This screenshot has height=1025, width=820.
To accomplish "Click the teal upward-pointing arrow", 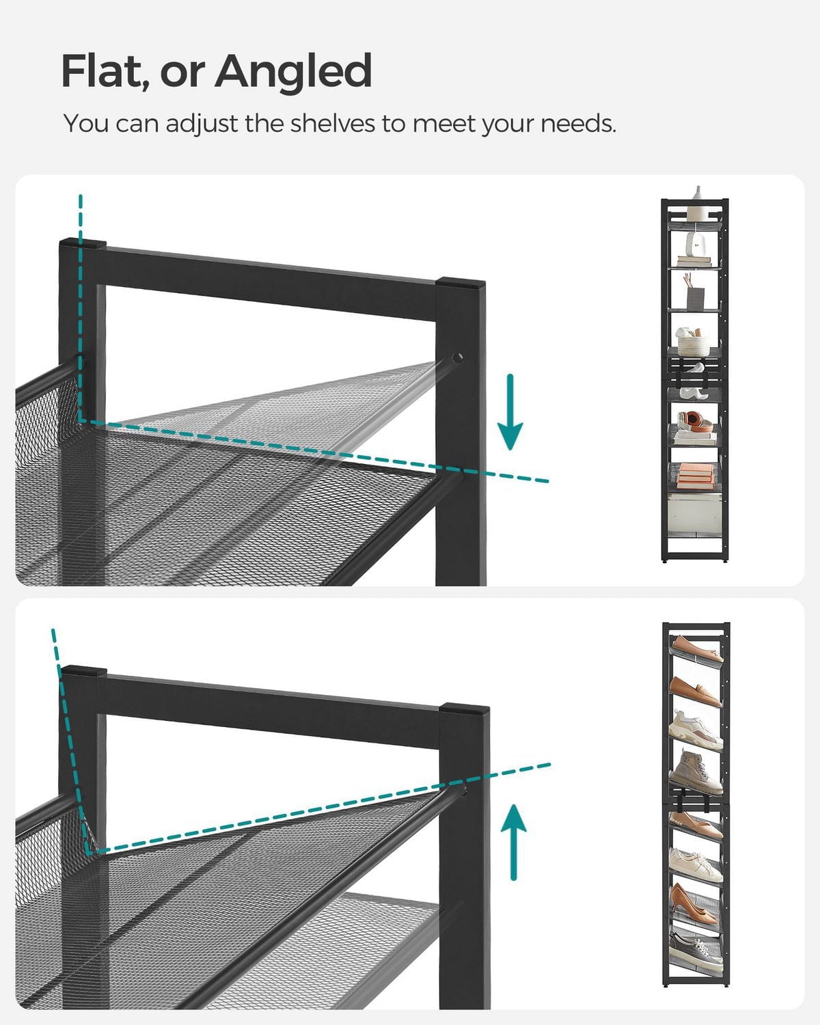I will point(513,841).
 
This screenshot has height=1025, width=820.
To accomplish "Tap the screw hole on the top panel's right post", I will point(457,357).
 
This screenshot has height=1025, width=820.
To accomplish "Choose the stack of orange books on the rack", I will point(696,474).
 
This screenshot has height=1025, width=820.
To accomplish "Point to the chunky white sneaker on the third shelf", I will point(696,730).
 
